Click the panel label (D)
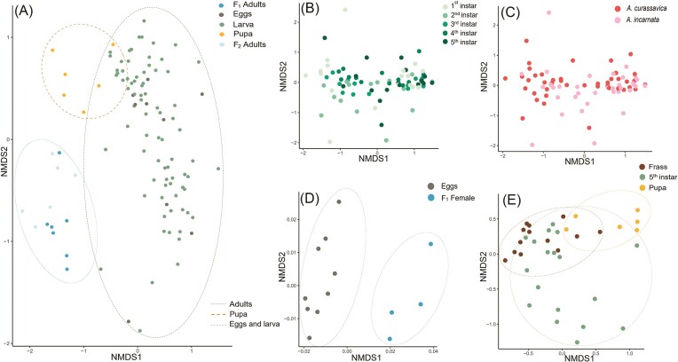click(310, 199)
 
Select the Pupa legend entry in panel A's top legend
click(238, 35)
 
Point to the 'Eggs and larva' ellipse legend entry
click(245, 324)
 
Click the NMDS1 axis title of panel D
click(367, 358)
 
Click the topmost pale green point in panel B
click(345, 10)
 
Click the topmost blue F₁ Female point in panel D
click(430, 244)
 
